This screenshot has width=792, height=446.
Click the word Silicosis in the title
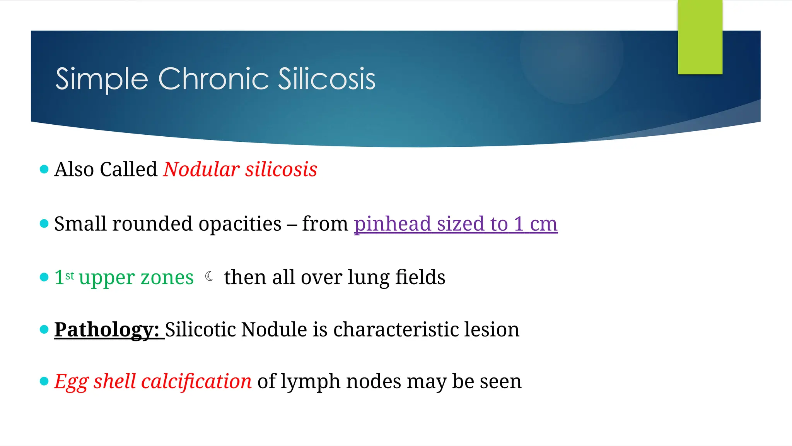[x=326, y=79]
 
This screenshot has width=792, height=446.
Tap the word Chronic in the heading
[x=213, y=79]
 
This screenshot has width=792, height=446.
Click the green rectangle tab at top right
[x=700, y=37]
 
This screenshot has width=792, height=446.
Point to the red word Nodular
[x=201, y=170]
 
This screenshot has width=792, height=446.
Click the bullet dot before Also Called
[x=44, y=169]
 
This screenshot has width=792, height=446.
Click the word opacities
[x=240, y=225]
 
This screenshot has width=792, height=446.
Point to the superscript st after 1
[x=70, y=276]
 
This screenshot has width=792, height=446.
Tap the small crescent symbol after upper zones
[x=209, y=276]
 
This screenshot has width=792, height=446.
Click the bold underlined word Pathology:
[x=107, y=330]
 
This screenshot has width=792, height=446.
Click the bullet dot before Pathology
[x=44, y=329]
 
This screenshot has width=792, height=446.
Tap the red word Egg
[x=71, y=382]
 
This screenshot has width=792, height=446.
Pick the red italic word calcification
[x=196, y=382]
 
